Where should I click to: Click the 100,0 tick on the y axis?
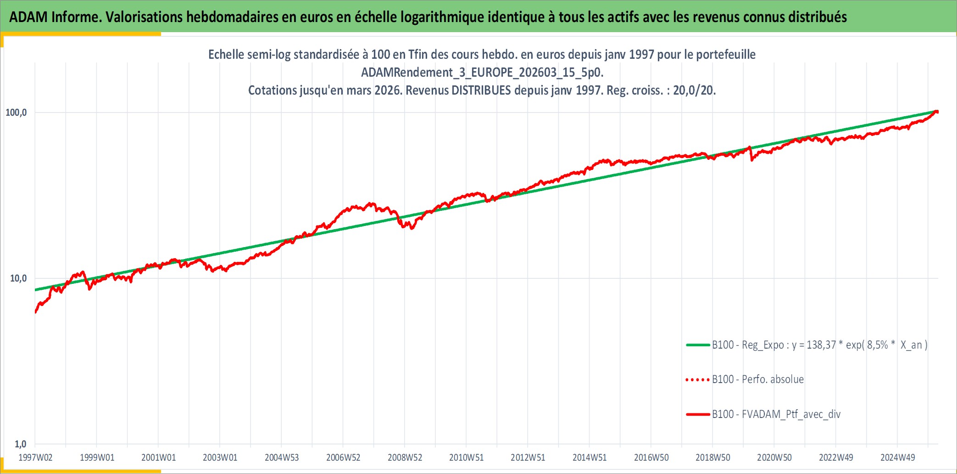pyautogui.click(x=16, y=113)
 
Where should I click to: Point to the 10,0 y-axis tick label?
pyautogui.click(x=18, y=278)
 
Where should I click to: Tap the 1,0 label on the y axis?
pyautogui.click(x=21, y=444)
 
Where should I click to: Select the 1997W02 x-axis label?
pyautogui.click(x=35, y=457)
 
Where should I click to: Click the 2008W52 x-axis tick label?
pyautogui.click(x=405, y=457)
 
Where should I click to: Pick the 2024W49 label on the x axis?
pyautogui.click(x=897, y=457)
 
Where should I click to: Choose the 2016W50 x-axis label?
pyautogui.click(x=651, y=457)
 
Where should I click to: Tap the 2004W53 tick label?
pyautogui.click(x=282, y=457)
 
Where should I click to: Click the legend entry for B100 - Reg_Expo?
pyautogui.click(x=819, y=345)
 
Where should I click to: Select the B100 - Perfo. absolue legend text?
pyautogui.click(x=758, y=379)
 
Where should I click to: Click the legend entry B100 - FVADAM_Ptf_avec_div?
pyautogui.click(x=776, y=414)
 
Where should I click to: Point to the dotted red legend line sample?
pyautogui.click(x=697, y=380)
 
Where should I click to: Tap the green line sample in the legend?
pyautogui.click(x=698, y=345)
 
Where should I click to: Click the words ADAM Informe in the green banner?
pyautogui.click(x=54, y=17)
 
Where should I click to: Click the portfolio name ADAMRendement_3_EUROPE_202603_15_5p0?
pyautogui.click(x=482, y=73)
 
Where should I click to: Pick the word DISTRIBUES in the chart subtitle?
pyautogui.click(x=481, y=90)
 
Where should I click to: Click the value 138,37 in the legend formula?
pyautogui.click(x=821, y=345)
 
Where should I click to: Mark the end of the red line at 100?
pyautogui.click(x=937, y=112)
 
